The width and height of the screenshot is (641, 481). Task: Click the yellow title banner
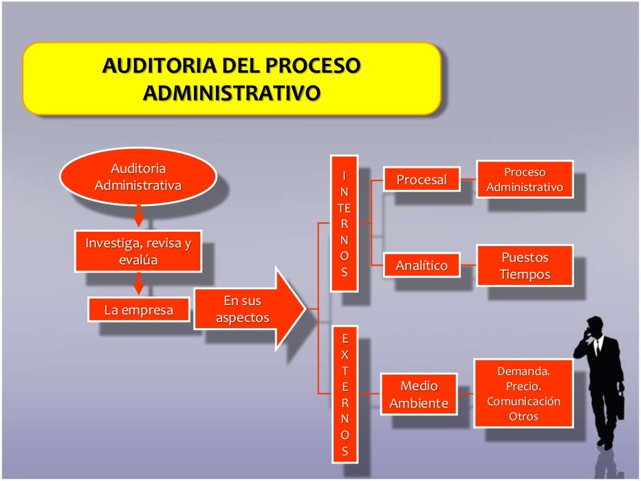pyautogui.click(x=232, y=78)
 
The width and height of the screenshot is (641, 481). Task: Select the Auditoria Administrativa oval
pyautogui.click(x=138, y=177)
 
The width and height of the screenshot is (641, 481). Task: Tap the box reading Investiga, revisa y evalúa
pyautogui.click(x=138, y=252)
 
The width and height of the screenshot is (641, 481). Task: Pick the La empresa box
pyautogui.click(x=138, y=310)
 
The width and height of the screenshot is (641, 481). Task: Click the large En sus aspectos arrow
pyautogui.click(x=247, y=309)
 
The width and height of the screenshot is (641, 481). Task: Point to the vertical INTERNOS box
pyautogui.click(x=344, y=224)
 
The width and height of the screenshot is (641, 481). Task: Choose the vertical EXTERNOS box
pyautogui.click(x=344, y=395)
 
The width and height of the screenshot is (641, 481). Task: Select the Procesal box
pyautogui.click(x=421, y=180)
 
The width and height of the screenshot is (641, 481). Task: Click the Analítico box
pyautogui.click(x=421, y=266)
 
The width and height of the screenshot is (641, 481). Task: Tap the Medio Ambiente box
pyautogui.click(x=419, y=395)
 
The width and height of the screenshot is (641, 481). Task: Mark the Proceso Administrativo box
pyautogui.click(x=525, y=180)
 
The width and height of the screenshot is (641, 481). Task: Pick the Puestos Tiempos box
pyautogui.click(x=525, y=266)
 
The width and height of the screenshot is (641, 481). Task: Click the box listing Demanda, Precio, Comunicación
pyautogui.click(x=523, y=393)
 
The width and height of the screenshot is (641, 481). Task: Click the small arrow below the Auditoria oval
pyautogui.click(x=139, y=218)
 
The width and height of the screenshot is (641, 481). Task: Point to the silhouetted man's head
pyautogui.click(x=595, y=326)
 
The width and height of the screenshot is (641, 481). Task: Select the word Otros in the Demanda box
pyautogui.click(x=523, y=416)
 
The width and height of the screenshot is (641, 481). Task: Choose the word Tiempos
pyautogui.click(x=525, y=274)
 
